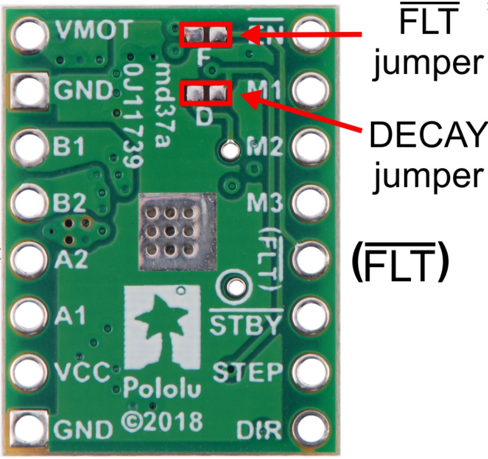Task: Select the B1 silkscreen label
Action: (x=70, y=146)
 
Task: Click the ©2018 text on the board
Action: (x=162, y=422)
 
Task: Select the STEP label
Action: (x=247, y=373)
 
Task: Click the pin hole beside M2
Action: (x=309, y=146)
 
